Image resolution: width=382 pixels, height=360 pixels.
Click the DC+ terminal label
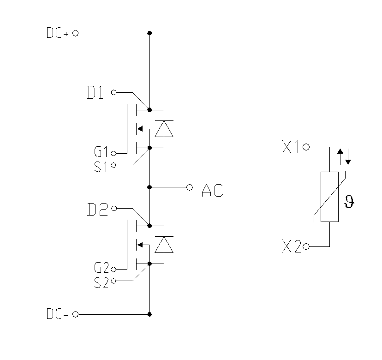(x=58, y=34)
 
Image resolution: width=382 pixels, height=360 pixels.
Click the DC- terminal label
(x=58, y=315)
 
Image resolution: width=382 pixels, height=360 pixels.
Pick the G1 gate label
(x=101, y=152)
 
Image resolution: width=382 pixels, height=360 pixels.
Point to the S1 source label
(x=101, y=166)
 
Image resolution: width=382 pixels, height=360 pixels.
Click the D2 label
(x=97, y=209)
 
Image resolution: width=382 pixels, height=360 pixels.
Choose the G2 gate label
(x=101, y=268)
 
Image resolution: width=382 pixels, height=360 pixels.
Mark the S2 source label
(x=101, y=282)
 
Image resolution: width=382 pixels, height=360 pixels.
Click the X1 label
(x=291, y=148)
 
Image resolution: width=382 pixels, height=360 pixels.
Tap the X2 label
(x=291, y=247)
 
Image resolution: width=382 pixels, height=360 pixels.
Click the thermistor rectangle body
(x=330, y=197)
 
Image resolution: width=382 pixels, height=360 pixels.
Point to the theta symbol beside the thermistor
(x=350, y=202)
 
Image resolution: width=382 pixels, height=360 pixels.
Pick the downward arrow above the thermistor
(x=348, y=157)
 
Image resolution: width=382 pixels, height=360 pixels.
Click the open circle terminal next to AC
(x=189, y=187)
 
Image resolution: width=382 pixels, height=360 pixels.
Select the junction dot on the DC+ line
(x=149, y=33)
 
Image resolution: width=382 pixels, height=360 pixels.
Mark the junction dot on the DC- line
(x=149, y=314)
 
